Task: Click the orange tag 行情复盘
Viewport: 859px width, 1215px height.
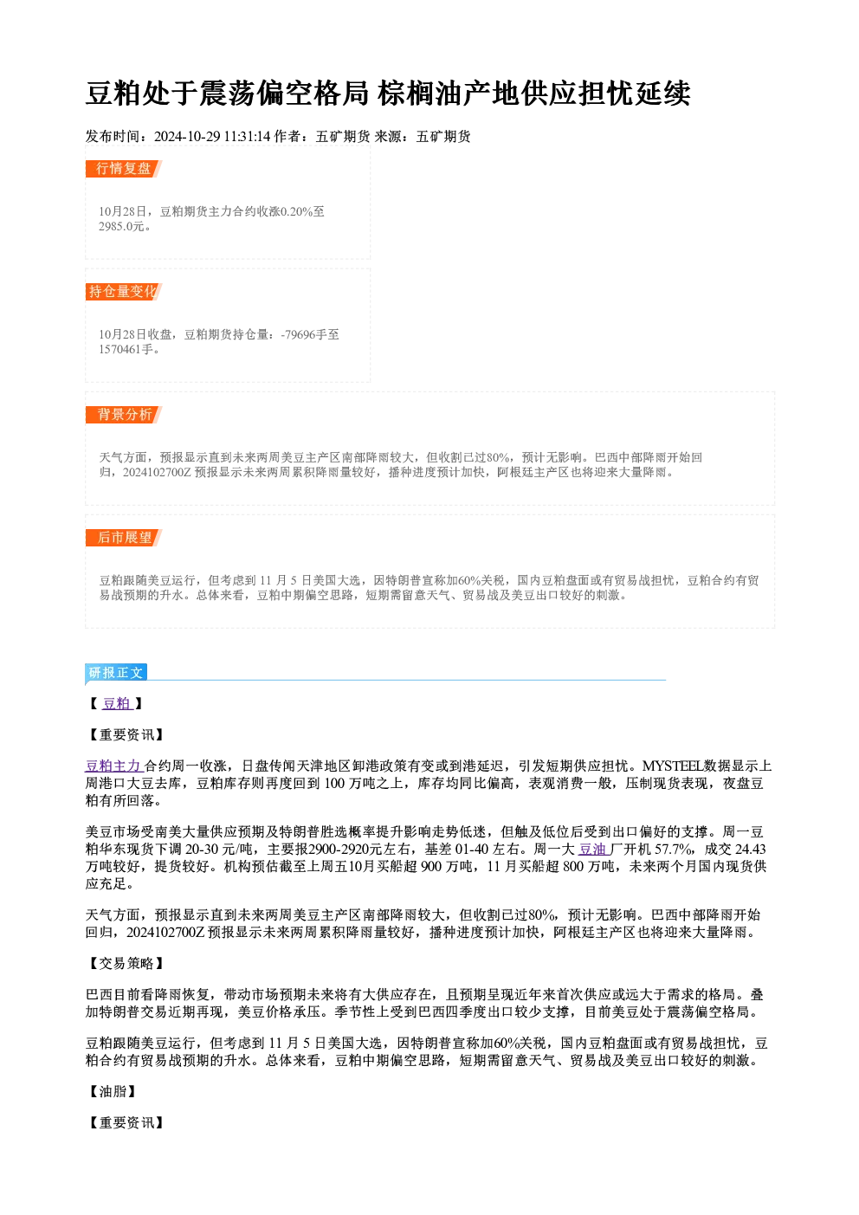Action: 124,169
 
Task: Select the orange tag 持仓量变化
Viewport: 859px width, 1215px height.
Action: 124,292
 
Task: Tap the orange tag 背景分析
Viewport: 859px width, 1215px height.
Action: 124,415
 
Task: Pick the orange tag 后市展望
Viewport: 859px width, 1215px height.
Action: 124,538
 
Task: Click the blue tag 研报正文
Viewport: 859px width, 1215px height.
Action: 116,673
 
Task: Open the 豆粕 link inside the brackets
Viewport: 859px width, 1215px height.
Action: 117,704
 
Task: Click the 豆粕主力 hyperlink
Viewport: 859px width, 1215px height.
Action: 114,766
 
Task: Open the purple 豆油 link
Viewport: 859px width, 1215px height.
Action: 594,850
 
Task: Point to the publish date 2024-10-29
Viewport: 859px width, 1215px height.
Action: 186,137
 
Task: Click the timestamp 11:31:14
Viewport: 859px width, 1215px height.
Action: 247,137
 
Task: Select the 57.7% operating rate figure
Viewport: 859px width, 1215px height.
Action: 675,850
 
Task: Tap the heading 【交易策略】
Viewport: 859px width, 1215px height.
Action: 126,964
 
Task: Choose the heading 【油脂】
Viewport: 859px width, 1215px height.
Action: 112,1092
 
